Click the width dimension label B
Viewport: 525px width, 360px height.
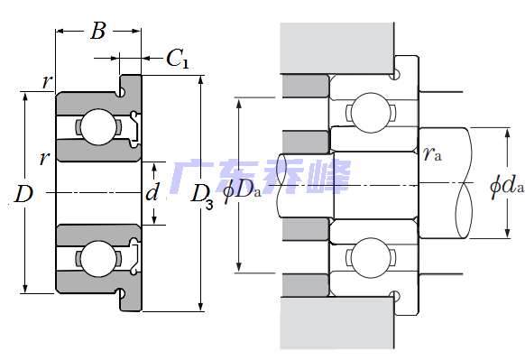tap(98, 33)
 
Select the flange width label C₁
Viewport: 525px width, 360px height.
tap(177, 60)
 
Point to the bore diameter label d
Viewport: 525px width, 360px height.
tap(152, 192)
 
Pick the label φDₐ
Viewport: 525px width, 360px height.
tap(241, 188)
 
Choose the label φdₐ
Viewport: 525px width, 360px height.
tap(505, 187)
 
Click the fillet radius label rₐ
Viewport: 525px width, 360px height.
tap(432, 153)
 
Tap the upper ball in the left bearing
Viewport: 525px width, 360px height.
tap(93, 126)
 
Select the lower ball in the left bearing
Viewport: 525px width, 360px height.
tap(93, 256)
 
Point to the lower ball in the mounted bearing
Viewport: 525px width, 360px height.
tap(368, 258)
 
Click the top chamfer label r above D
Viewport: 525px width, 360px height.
tap(47, 83)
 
